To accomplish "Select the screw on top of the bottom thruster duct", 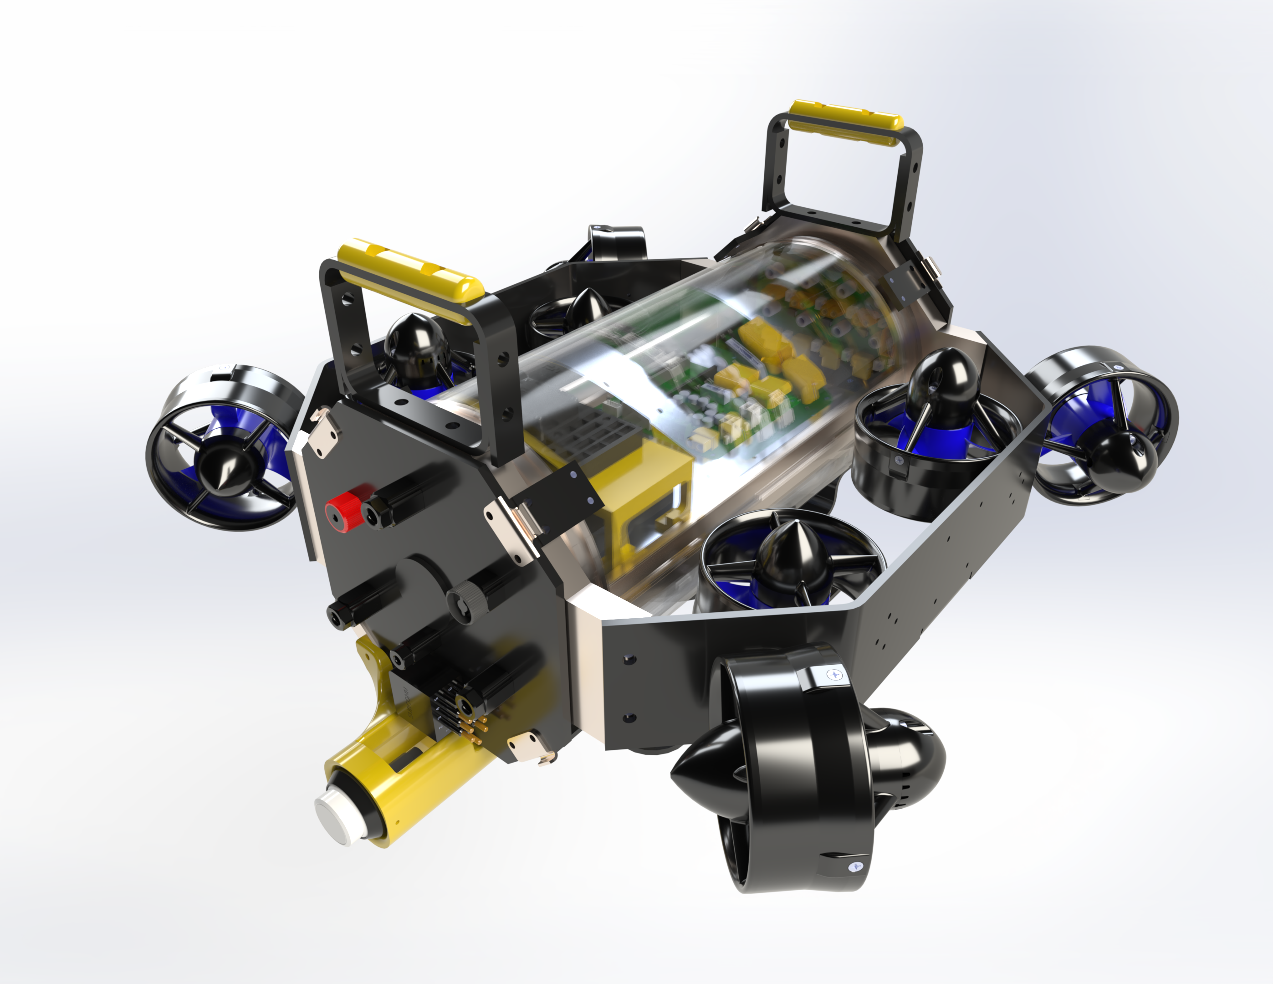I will pyautogui.click(x=836, y=674).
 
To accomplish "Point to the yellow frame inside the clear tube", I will pyautogui.click(x=641, y=496).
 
